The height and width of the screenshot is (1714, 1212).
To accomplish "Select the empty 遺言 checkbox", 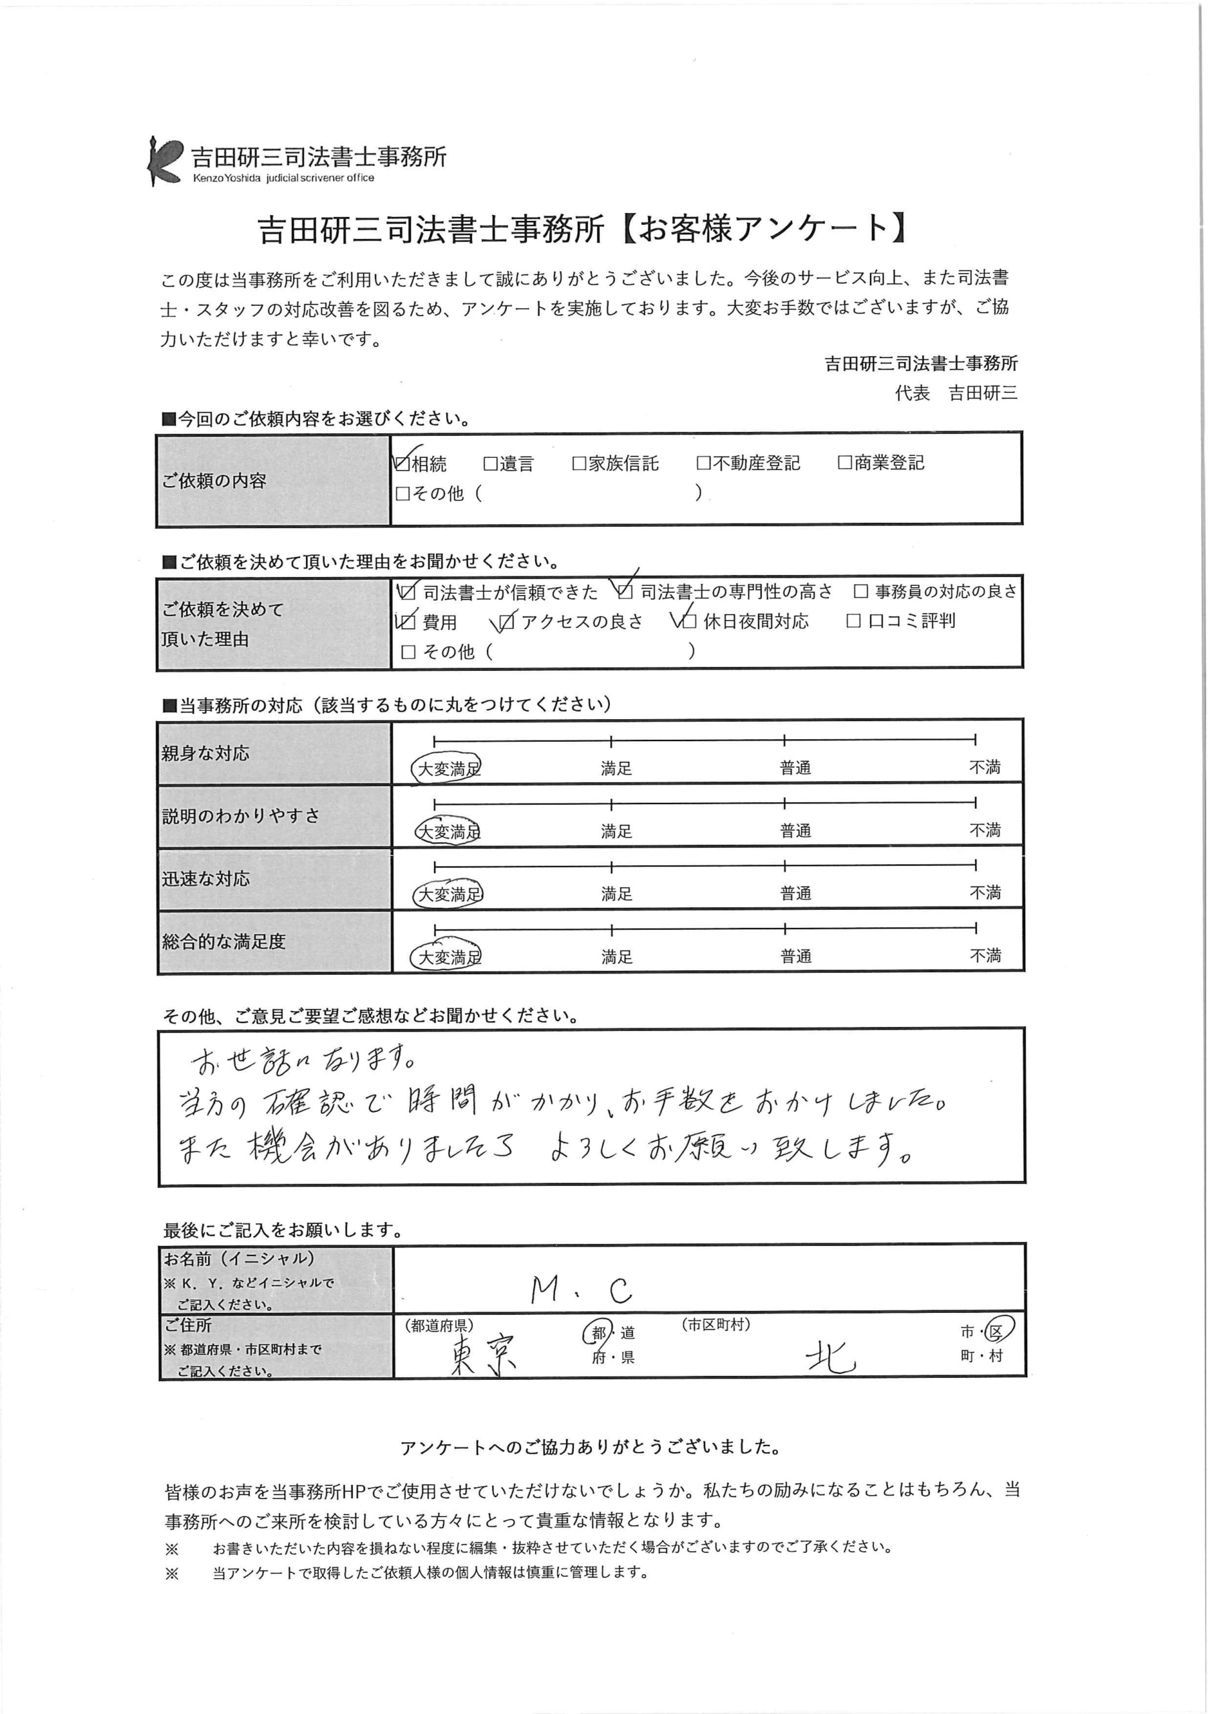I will click(x=491, y=463).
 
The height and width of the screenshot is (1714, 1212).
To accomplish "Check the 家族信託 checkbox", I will click(x=579, y=463).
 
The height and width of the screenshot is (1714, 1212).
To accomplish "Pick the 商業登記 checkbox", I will click(x=845, y=463).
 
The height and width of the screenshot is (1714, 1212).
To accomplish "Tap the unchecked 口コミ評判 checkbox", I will click(x=854, y=621).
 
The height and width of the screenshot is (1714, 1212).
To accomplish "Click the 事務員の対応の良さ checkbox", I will click(x=861, y=592).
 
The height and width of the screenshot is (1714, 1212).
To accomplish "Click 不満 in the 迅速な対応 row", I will click(x=985, y=893).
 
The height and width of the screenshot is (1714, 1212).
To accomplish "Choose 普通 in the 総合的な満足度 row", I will click(x=796, y=956).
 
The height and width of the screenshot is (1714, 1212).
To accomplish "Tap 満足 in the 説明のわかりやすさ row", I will click(x=616, y=831).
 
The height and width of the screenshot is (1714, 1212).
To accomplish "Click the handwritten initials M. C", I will click(x=582, y=1290).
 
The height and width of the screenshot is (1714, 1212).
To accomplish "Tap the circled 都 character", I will click(x=598, y=1332).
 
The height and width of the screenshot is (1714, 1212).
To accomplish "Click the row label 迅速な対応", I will click(x=206, y=878).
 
